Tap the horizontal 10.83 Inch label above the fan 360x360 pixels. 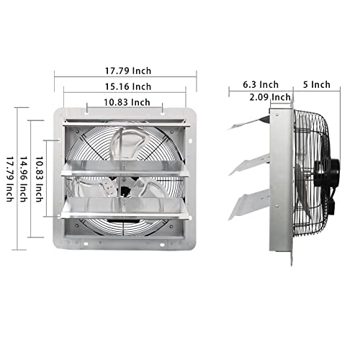125,102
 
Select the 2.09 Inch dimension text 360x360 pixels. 270,96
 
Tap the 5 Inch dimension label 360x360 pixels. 316,84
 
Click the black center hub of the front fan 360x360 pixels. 125,190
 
